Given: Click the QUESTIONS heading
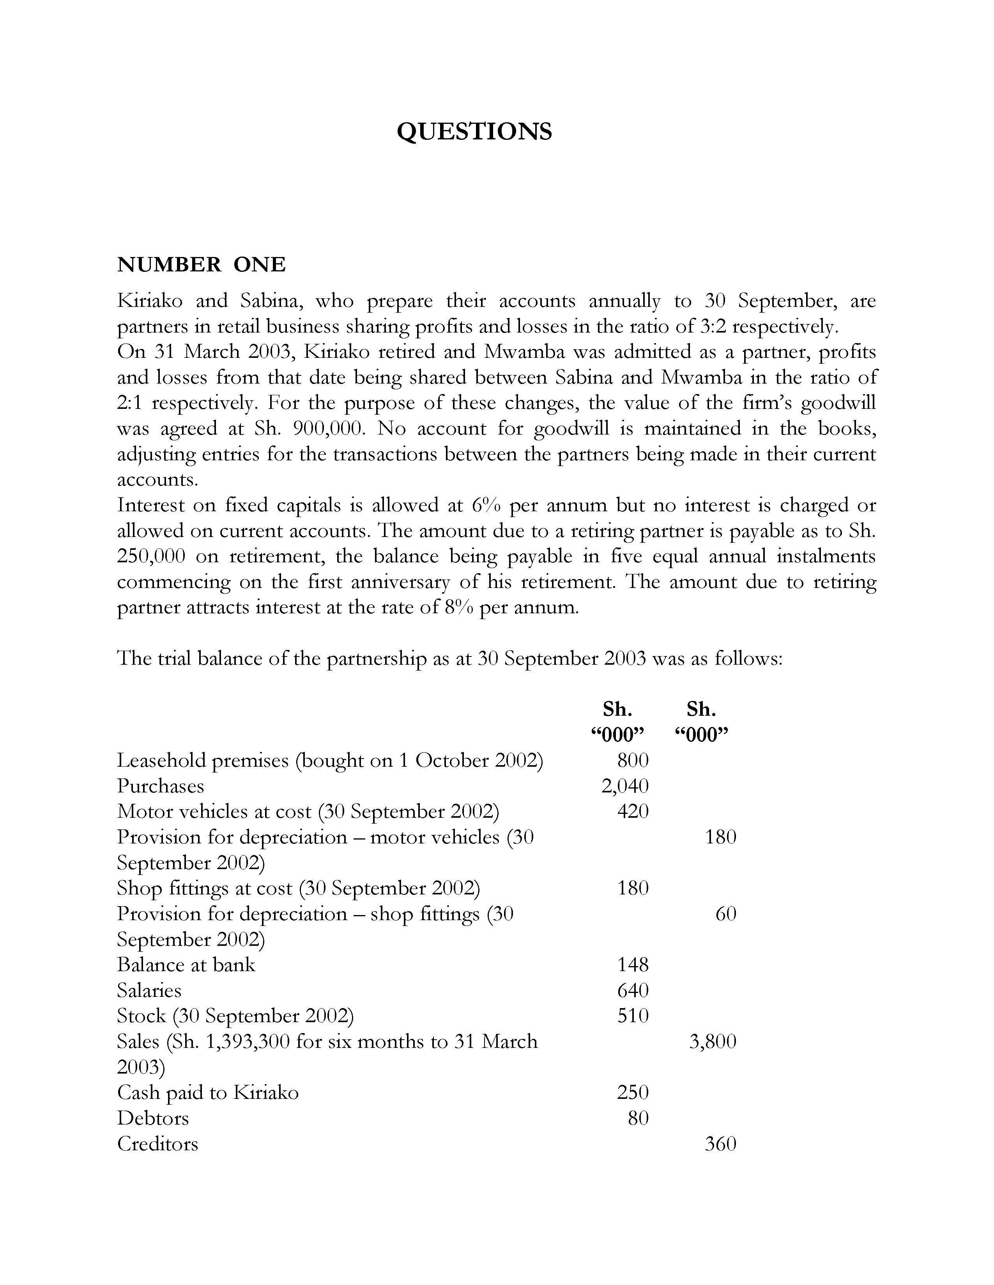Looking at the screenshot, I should coord(474,131).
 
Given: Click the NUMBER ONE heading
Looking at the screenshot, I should coord(202,265).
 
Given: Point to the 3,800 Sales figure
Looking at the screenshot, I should coord(713,1041).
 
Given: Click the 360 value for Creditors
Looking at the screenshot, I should coord(720,1143).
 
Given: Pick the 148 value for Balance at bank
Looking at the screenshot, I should coord(632,965).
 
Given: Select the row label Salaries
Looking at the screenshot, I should coord(149,990).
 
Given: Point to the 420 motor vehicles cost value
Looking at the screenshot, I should coord(632,811).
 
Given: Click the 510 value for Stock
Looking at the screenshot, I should coord(632,1016).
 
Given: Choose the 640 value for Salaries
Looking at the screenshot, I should coord(632,990).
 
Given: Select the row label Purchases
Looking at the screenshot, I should coord(160,786).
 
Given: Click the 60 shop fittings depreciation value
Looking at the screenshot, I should coord(725,914).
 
